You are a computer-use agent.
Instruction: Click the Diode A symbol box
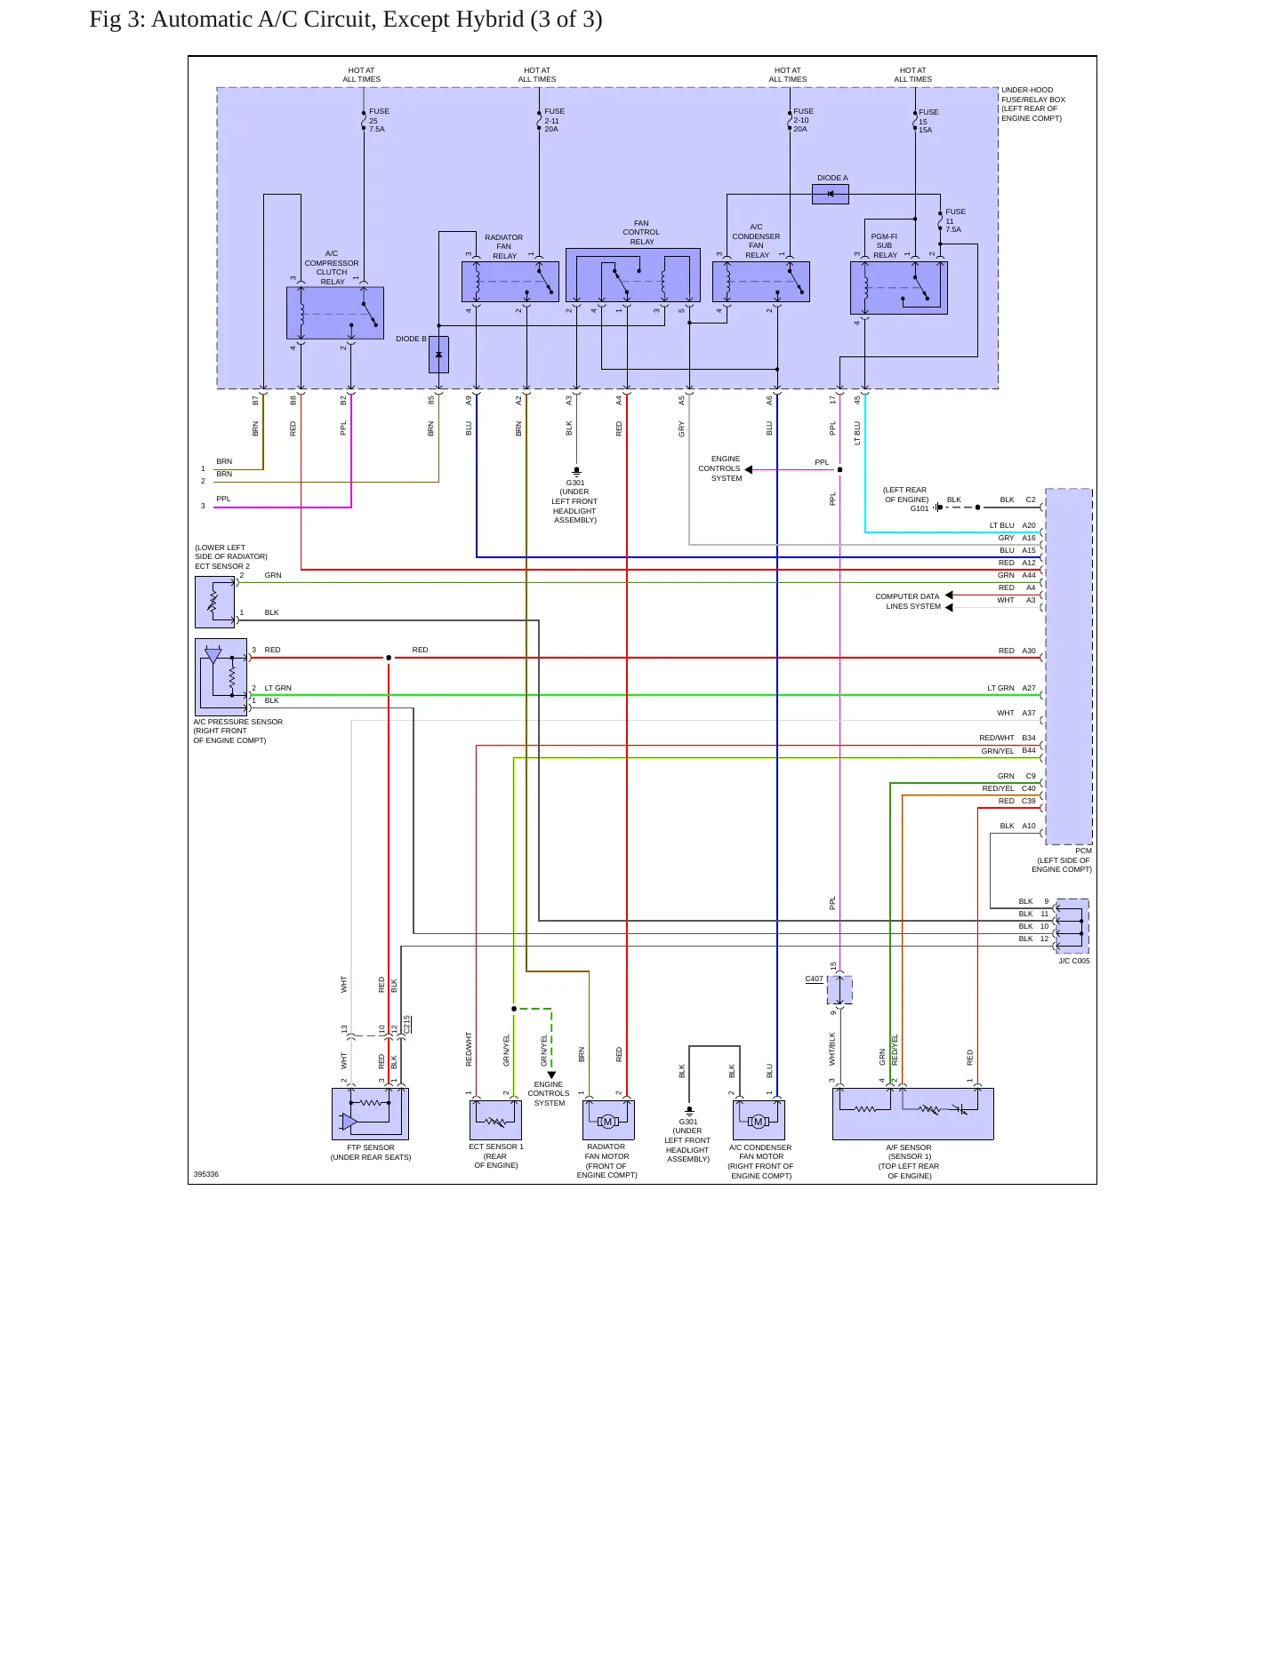point(831,194)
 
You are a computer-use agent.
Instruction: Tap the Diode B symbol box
point(438,355)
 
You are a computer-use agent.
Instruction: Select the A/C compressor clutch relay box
point(335,313)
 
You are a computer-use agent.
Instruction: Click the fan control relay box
point(633,276)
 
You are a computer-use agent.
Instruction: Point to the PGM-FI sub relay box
point(899,288)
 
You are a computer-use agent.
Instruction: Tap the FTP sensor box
point(370,1115)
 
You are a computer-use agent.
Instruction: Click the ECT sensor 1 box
point(495,1120)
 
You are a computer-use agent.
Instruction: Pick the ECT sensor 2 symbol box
point(214,602)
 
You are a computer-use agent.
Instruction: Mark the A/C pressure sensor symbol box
point(221,677)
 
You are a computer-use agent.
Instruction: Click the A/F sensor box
point(913,1115)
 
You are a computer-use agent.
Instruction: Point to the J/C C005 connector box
point(1072,926)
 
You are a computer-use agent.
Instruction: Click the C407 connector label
point(814,979)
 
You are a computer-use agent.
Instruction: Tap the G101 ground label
point(920,508)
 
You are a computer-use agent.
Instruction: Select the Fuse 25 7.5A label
point(378,120)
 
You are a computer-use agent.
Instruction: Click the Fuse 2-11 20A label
point(554,120)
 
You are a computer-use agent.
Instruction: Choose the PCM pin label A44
point(1029,575)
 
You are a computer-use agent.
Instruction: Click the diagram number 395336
point(206,1174)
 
